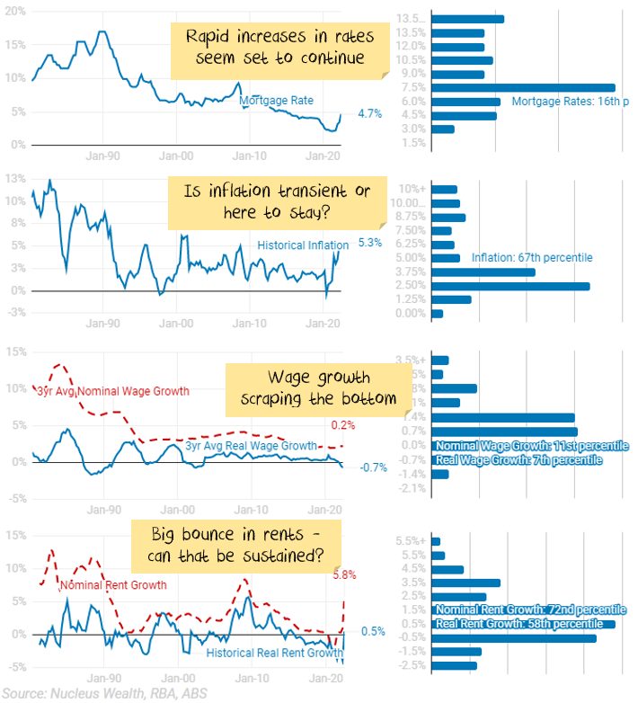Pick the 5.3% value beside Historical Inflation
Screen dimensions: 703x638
pos(370,243)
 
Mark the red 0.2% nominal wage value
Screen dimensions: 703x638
pos(342,425)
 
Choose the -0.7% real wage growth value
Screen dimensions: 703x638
pos(373,467)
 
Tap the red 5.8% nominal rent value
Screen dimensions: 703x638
pos(345,574)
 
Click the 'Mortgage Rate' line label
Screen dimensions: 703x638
pos(276,101)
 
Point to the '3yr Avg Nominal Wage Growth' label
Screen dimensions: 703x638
pos(113,391)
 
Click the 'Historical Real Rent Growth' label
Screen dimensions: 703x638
pos(275,653)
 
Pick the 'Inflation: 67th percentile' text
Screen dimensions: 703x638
pos(532,258)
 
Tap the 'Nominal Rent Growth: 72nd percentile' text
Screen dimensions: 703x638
pos(530,610)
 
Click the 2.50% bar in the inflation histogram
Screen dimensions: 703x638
pos(511,286)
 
